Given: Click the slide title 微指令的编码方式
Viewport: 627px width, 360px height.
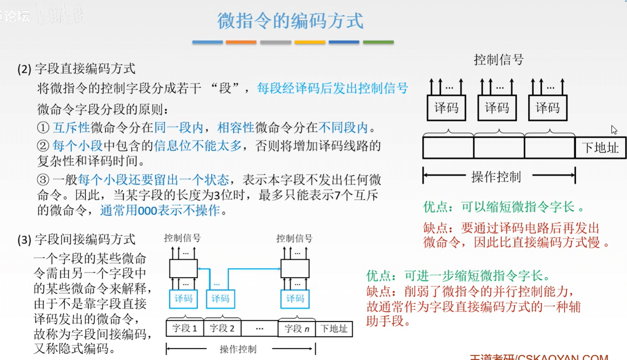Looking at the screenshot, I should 290,21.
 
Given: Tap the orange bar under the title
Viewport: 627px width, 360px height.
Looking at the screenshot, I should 241,42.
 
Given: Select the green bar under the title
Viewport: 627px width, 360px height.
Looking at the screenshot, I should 378,42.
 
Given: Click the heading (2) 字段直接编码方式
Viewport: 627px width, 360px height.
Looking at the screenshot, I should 77,69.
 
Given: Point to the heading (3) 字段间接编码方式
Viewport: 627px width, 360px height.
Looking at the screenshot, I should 77,239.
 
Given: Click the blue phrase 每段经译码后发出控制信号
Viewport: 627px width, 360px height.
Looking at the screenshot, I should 332,88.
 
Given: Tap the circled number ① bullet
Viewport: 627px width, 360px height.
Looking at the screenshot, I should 43,128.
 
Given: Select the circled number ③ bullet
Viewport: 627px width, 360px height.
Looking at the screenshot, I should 43,180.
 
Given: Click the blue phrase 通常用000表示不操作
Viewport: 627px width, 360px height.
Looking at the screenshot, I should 160,210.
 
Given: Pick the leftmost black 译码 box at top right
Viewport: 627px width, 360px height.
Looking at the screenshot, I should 446,108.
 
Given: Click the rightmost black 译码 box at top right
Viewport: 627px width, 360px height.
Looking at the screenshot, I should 547,108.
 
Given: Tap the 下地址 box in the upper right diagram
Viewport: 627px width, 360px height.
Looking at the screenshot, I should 601,148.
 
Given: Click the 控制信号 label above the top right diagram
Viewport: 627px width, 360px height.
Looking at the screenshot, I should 498,60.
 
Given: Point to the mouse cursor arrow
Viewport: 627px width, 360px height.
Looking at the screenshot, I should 614,129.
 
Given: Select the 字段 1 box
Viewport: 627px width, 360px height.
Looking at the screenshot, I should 185,329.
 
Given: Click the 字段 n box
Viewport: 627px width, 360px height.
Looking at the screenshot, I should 297,329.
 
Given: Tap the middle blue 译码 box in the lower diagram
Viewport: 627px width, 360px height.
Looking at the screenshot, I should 220,298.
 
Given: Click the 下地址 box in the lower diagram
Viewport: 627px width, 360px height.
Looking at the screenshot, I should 334,329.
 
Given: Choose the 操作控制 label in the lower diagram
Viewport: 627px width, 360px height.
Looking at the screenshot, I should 238,349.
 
